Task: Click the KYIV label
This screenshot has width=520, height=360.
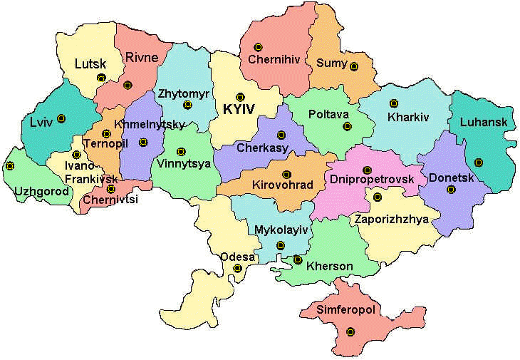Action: (240, 110)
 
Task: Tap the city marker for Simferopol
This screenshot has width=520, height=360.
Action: (350, 331)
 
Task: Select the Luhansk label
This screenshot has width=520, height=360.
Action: (484, 122)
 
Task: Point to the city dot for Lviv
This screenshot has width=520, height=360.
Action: (61, 118)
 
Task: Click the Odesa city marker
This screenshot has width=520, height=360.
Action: (238, 269)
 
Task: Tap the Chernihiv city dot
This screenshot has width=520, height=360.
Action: (266, 43)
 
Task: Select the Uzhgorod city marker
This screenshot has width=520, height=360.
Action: (10, 166)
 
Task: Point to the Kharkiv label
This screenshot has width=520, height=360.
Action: (409, 116)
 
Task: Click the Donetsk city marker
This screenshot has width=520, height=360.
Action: (450, 190)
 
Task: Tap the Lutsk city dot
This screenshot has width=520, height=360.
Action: (101, 78)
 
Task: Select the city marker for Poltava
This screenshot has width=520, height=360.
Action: (347, 127)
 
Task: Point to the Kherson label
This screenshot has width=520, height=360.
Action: (329, 267)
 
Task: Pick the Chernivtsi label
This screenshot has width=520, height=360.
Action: (110, 200)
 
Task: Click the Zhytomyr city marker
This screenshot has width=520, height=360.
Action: (187, 105)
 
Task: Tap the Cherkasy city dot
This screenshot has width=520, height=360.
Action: (281, 134)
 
